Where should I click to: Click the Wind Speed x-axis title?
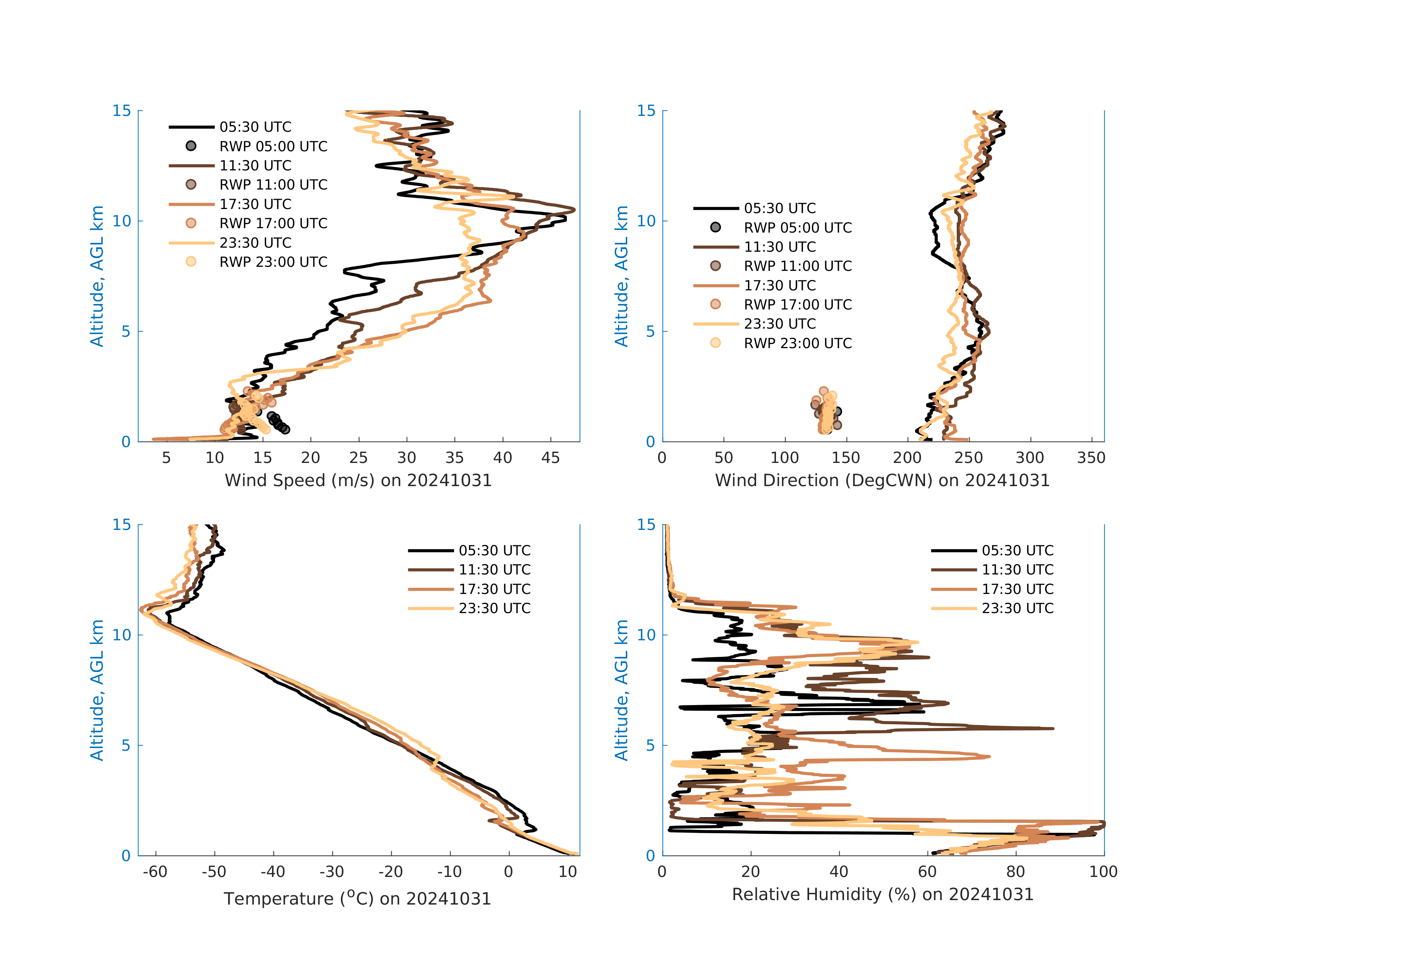(358, 480)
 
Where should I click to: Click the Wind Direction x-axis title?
(882, 480)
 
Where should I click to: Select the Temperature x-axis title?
(357, 898)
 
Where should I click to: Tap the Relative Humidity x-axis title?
(882, 895)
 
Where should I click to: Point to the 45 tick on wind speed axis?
(550, 458)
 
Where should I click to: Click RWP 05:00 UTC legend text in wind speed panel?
(273, 146)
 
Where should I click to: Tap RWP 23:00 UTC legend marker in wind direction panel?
(716, 343)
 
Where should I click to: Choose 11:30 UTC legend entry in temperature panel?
(494, 570)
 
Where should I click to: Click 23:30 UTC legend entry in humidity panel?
(1018, 608)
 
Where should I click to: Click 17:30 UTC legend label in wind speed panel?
(255, 204)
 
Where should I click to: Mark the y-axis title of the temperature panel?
(97, 690)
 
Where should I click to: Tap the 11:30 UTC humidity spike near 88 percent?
(1052, 729)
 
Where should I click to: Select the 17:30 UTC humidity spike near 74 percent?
(989, 757)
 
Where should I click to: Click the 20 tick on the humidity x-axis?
(751, 872)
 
